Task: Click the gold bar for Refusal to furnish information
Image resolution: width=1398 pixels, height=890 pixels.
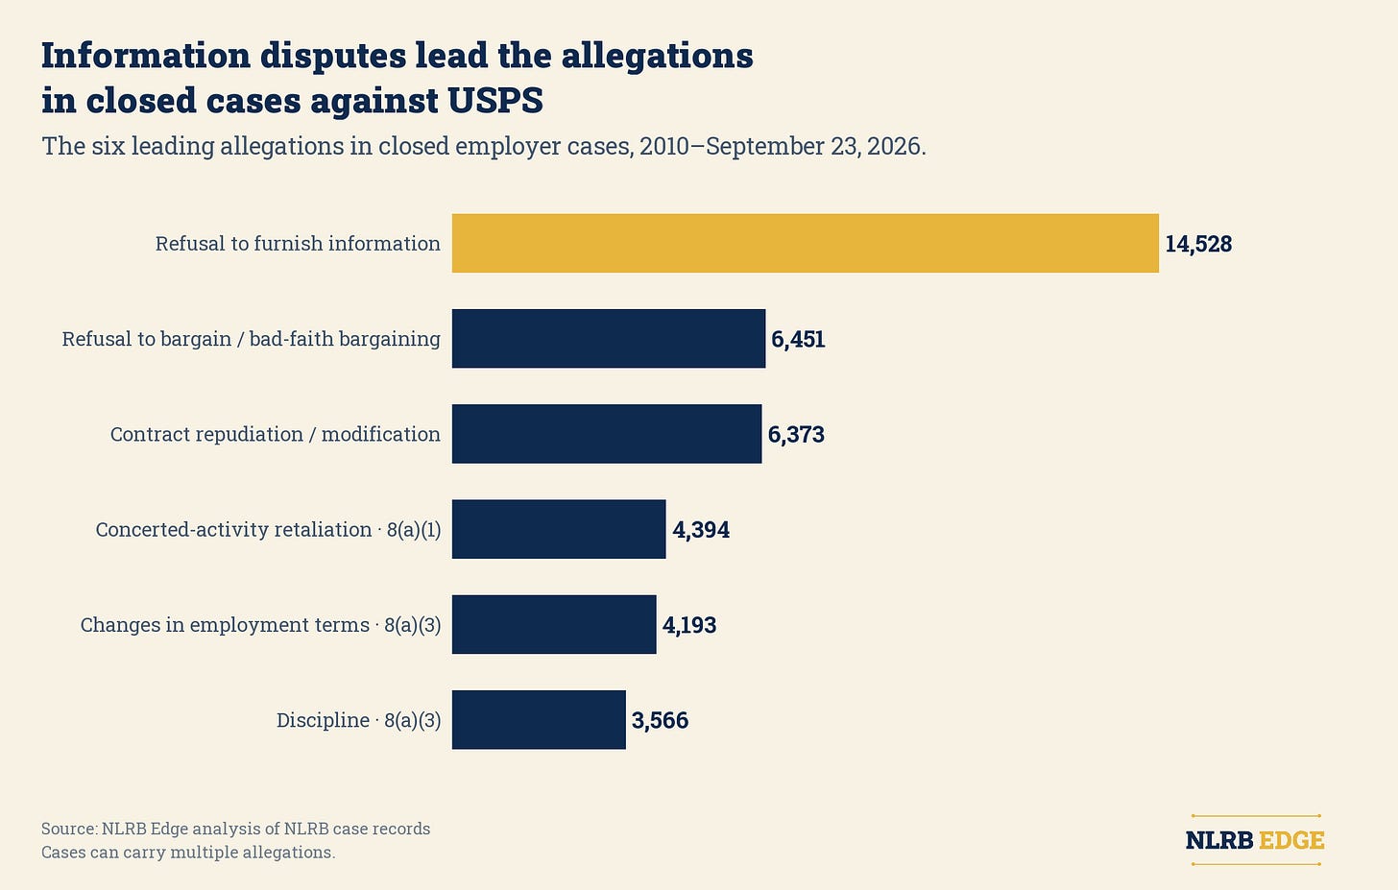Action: coord(805,244)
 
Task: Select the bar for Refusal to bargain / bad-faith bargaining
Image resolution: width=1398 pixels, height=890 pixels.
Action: coord(609,338)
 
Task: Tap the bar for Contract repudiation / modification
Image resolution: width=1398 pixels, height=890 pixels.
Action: coord(607,434)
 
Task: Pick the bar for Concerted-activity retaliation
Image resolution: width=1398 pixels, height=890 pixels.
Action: coord(559,529)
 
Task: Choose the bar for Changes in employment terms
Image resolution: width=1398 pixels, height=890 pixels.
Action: coord(554,624)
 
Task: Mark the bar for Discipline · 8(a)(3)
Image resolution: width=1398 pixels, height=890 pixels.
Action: coord(539,720)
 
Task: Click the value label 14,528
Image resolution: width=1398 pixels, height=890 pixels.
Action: coord(1198,244)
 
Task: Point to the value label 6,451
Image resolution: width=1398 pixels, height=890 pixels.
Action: coord(798,340)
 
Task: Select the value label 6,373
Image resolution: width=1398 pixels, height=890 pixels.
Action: coord(796,435)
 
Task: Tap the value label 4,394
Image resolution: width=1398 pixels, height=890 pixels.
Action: coord(701,530)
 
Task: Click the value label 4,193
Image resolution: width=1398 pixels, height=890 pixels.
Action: coord(689,625)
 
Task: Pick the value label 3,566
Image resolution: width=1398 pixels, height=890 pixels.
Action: coord(660,721)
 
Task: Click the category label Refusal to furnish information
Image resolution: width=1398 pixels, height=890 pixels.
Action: coord(298,244)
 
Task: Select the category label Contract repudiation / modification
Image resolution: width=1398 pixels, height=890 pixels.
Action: coord(276,434)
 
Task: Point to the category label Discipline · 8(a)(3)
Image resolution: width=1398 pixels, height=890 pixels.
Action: coord(359,720)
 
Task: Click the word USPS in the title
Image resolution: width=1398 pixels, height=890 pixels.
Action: coord(495,100)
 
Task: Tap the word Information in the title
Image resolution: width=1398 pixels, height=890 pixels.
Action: coord(145,55)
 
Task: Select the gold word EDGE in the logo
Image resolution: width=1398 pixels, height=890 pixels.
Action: coord(1291,840)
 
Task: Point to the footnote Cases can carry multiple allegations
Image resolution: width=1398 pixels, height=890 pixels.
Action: coord(188,852)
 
